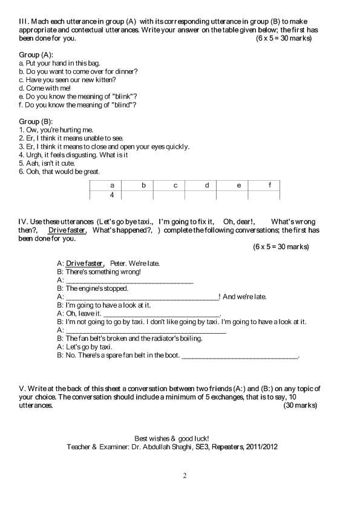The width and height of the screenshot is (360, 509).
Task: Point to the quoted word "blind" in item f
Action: pos(114,105)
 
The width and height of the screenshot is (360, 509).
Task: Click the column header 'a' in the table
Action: pos(111,185)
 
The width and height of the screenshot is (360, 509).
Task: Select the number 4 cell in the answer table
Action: pos(111,195)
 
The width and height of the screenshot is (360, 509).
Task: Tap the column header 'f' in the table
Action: pos(269,185)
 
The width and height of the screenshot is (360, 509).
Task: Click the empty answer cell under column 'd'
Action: pos(206,195)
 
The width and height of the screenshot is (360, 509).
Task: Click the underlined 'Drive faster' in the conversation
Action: pos(85,264)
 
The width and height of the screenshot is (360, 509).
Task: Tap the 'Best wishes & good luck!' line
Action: pos(172,438)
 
